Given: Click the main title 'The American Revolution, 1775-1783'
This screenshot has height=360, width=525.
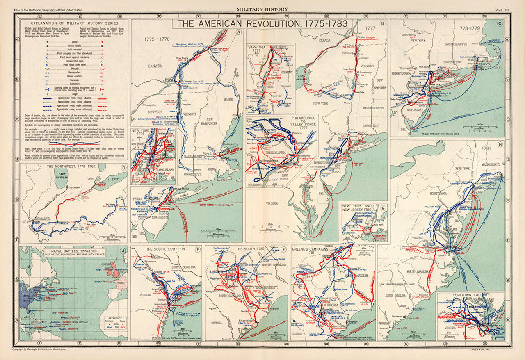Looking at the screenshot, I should (262, 24).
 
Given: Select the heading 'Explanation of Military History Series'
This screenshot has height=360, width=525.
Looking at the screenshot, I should (71, 23).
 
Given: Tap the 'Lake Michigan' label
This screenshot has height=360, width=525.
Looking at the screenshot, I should (62, 175).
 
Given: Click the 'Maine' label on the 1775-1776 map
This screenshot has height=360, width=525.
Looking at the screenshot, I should (228, 99).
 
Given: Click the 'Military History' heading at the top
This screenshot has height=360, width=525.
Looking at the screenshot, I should (262, 9).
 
